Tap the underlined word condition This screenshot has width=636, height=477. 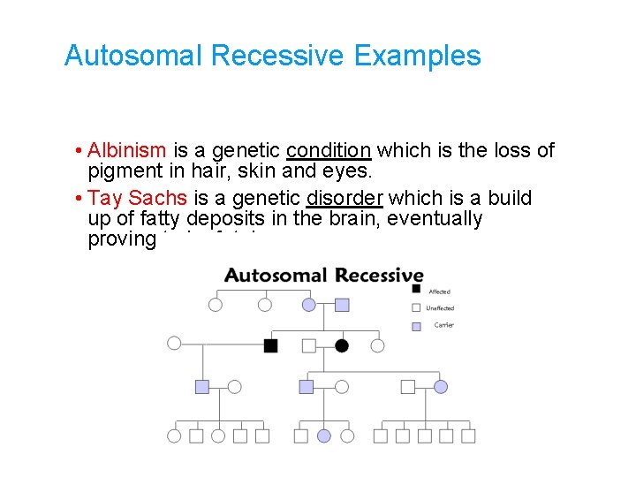coord(329,150)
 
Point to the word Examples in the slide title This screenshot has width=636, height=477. coord(417,56)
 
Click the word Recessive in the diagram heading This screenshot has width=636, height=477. coord(372,275)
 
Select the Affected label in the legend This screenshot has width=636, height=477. coord(439,291)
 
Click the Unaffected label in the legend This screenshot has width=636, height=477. coord(440,308)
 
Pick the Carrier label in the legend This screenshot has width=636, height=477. coord(443,325)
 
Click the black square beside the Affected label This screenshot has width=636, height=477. coord(416,289)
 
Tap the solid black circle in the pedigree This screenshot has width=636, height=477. coord(342,345)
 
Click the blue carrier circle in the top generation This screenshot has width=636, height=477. coord(308,305)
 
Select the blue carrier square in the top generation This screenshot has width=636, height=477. coord(342,305)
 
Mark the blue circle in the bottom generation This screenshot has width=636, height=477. coord(324,435)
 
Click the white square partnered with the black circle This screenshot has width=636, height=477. coord(308,345)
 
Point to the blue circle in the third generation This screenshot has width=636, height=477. coord(441,387)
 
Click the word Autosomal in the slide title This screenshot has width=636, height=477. coord(134,56)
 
